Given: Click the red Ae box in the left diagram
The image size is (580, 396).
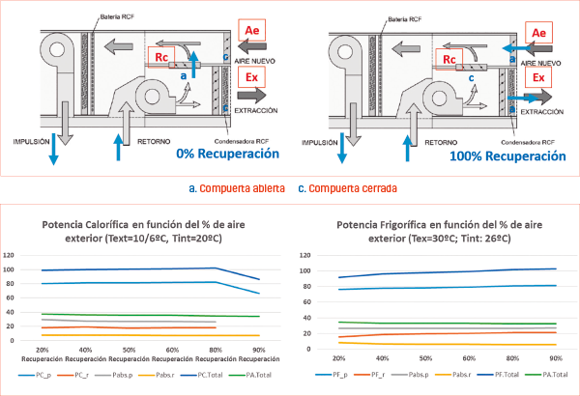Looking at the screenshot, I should (x=250, y=34).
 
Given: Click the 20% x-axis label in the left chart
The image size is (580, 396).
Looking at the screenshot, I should (x=43, y=349).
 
